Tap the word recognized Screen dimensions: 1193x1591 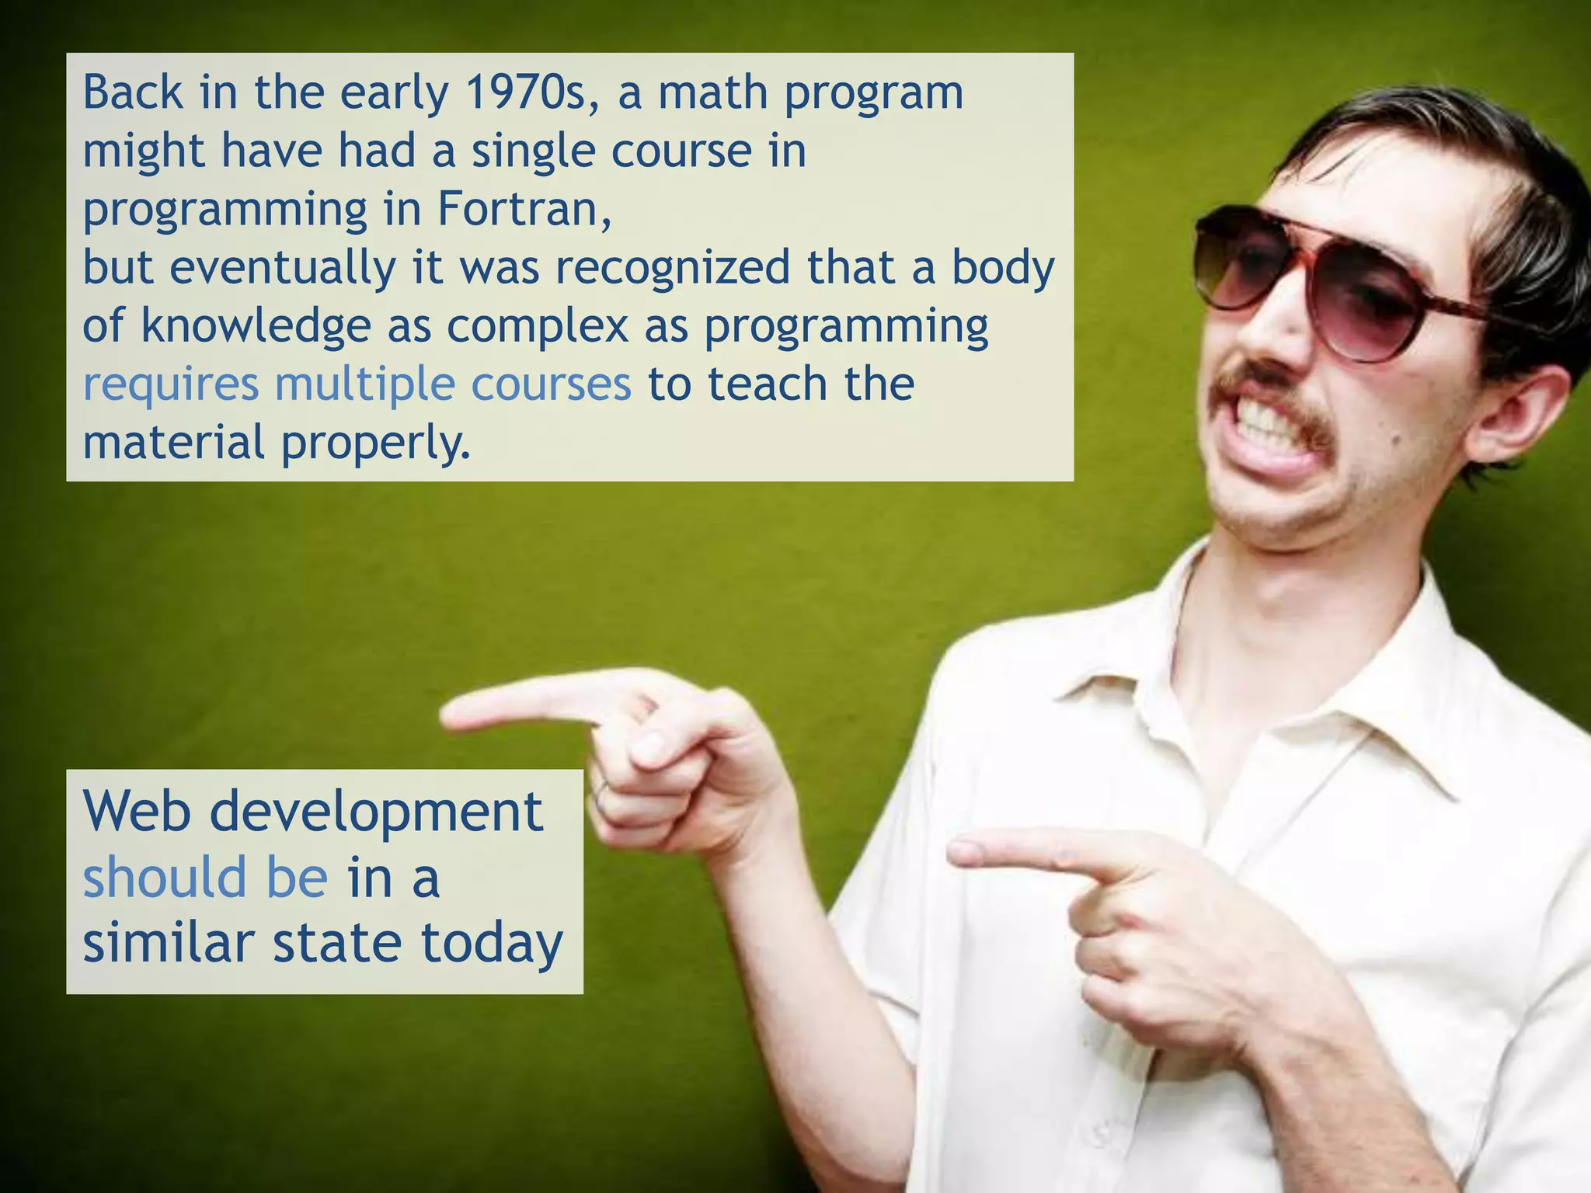point(672,268)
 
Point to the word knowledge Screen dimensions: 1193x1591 point(256,326)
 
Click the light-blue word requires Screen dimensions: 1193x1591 point(170,385)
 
